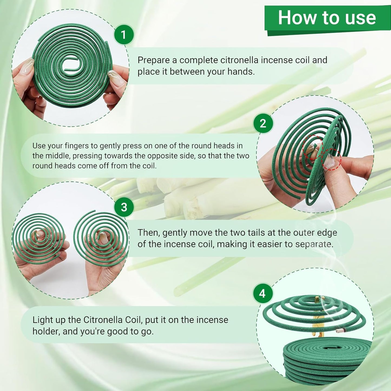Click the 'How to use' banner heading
click(327, 18)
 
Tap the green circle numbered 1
click(124, 35)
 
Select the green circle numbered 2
click(263, 123)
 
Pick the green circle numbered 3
click(124, 207)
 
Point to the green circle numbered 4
click(262, 294)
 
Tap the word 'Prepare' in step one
click(153, 60)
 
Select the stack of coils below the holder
click(325, 357)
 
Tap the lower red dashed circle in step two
click(331, 160)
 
